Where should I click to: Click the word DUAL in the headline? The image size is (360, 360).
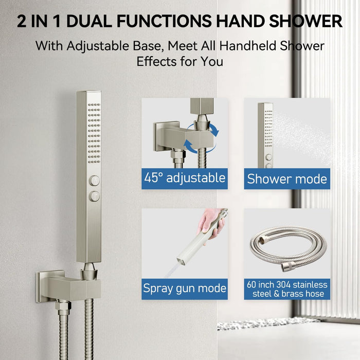coord(89,22)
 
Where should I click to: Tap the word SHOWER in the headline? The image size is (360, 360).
coord(306,22)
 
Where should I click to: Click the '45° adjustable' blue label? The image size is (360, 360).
coord(185,178)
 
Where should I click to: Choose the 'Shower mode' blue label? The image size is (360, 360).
coord(287,178)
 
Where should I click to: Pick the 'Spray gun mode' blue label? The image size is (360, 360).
coord(185,289)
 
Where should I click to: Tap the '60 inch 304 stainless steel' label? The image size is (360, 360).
coord(287,289)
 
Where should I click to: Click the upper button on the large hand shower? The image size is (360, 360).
coord(94,181)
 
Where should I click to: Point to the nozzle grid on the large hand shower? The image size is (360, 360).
coord(94,133)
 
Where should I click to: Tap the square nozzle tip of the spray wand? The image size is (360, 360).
coord(181,261)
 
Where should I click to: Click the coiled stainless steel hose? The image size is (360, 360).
coord(289,248)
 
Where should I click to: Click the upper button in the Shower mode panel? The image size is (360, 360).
coord(268,157)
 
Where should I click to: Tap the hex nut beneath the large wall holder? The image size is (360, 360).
coord(63,305)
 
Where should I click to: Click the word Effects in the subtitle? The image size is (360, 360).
coord(157,62)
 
